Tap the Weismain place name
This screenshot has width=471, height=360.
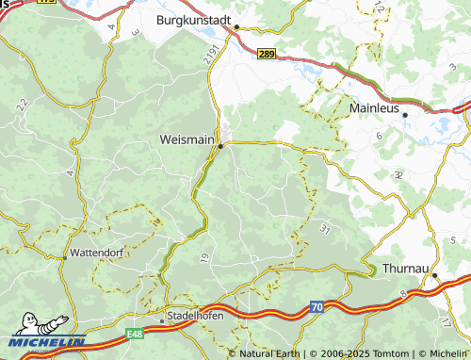click(x=187, y=139)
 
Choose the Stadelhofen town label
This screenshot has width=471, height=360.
click(x=195, y=315)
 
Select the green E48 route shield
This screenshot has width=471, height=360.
click(x=138, y=334)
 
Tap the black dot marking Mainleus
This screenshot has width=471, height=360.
click(x=404, y=115)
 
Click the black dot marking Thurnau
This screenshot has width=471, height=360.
click(x=434, y=275)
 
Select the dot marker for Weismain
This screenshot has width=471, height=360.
click(x=220, y=146)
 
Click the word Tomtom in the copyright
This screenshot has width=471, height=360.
click(x=371, y=353)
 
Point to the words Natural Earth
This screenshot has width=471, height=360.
click(x=269, y=353)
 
